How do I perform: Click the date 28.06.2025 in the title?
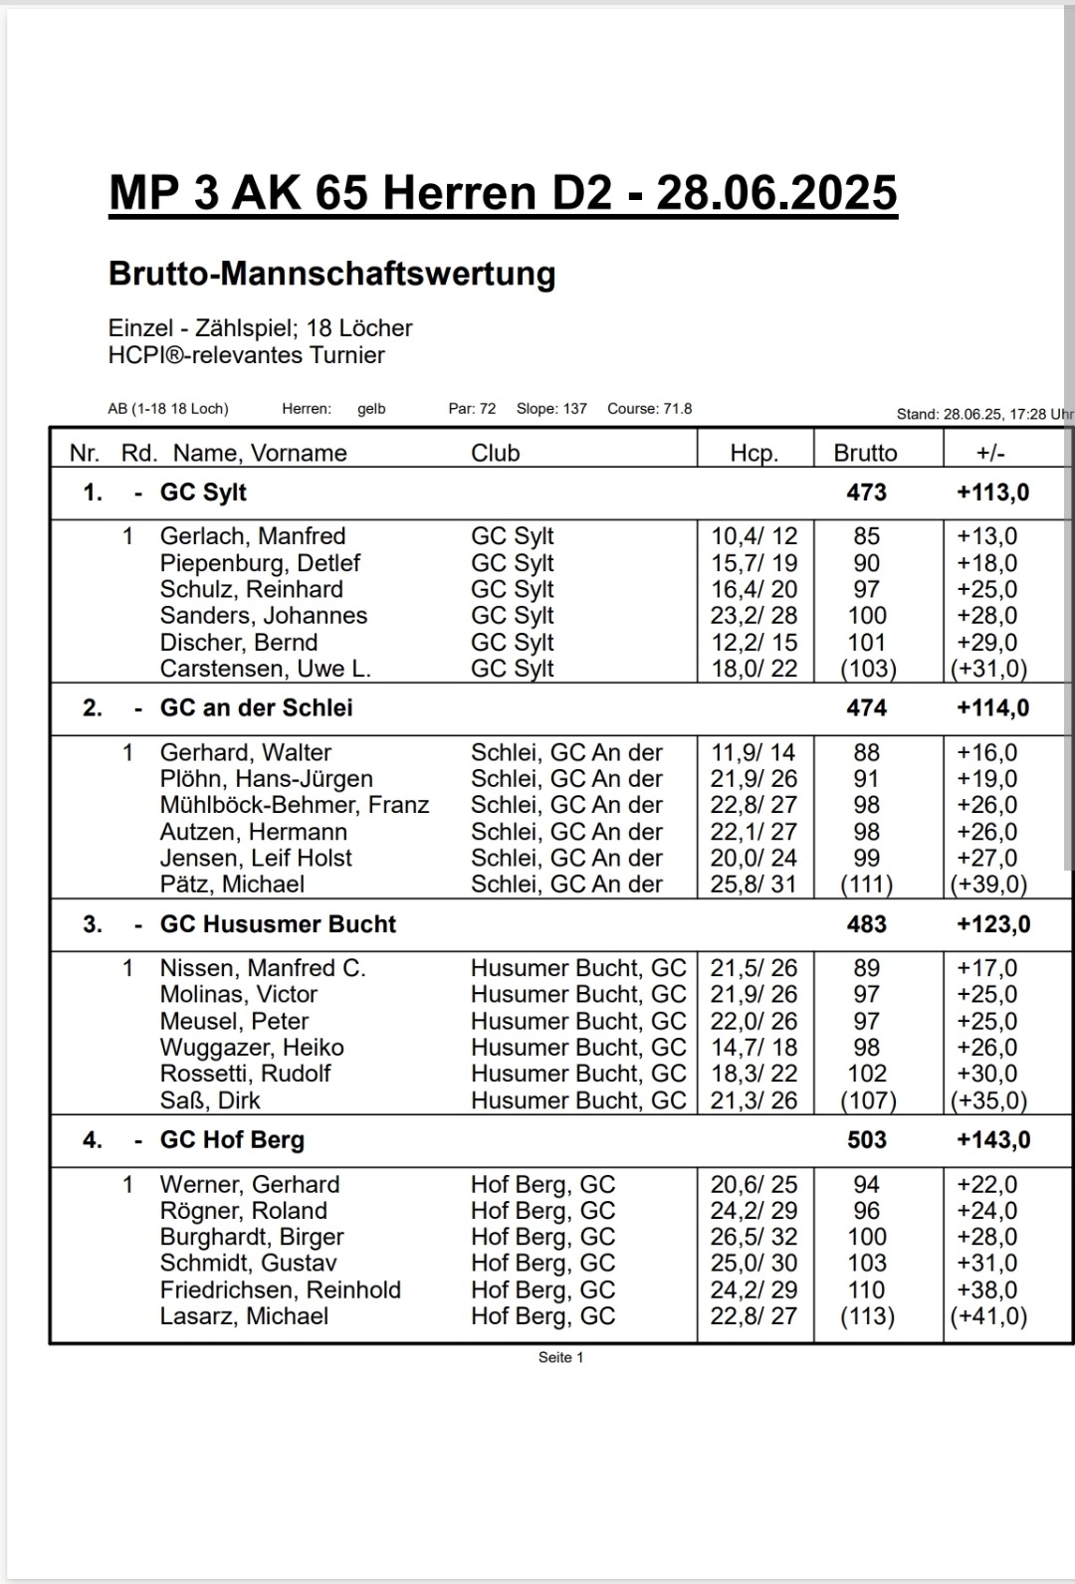tap(776, 192)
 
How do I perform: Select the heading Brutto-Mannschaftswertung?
tap(331, 274)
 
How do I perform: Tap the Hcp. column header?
tap(753, 453)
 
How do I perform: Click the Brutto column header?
tap(865, 453)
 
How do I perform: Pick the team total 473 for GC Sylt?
tap(866, 493)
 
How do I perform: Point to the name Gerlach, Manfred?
tap(252, 536)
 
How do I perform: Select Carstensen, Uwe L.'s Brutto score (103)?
tap(867, 669)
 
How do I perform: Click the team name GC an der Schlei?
tap(256, 708)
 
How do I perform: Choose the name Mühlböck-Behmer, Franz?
tap(294, 805)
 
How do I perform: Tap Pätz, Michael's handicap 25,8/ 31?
tap(753, 884)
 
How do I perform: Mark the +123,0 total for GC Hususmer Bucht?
tap(992, 924)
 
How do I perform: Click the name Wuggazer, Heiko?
tap(251, 1048)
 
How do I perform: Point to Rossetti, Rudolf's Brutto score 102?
tap(866, 1074)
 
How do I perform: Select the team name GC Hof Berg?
tap(232, 1140)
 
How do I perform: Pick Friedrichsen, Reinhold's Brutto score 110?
tap(866, 1289)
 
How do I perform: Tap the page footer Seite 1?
tap(560, 1357)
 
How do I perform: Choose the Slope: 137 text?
tap(551, 409)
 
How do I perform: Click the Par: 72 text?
tap(472, 409)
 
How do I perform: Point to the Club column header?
tap(495, 453)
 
